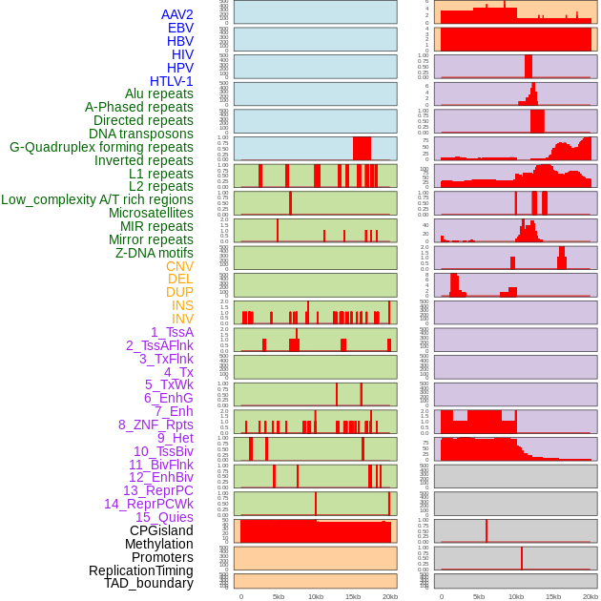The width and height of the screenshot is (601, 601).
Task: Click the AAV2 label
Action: (176, 14)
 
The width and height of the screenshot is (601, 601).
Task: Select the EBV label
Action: (180, 28)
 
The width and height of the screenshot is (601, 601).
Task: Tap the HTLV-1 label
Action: (171, 81)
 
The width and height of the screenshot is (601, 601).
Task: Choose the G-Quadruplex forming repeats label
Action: (101, 147)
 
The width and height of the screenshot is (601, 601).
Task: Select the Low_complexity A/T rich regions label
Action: (97, 199)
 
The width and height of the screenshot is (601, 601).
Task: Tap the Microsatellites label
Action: (151, 213)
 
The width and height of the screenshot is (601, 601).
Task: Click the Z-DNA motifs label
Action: (155, 253)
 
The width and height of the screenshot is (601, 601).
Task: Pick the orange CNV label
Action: (179, 266)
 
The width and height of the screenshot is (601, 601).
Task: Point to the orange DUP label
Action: (179, 292)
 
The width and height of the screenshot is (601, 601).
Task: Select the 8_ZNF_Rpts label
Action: (155, 425)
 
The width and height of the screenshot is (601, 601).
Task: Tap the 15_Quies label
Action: (164, 517)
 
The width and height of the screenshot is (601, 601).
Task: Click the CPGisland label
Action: (161, 530)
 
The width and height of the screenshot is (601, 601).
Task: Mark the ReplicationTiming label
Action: (140, 570)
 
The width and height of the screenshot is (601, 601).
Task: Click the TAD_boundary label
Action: (148, 583)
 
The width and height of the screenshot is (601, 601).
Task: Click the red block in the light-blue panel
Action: (362, 148)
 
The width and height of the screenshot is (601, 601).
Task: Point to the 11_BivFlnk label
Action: (160, 465)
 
